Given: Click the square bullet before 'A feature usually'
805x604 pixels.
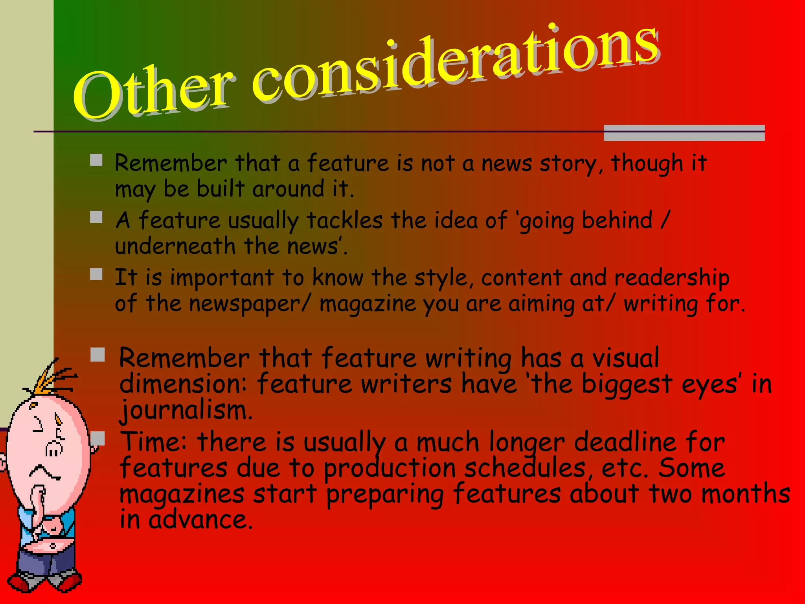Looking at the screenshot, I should click(96, 217).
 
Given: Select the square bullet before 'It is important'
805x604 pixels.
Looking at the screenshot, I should click(96, 274).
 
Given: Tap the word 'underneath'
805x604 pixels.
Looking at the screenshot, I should click(175, 247).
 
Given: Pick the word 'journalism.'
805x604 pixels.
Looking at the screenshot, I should click(186, 410).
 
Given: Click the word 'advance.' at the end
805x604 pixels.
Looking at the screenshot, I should click(200, 519).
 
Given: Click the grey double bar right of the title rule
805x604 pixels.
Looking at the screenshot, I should click(684, 133).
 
